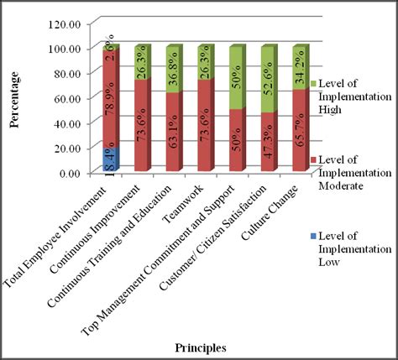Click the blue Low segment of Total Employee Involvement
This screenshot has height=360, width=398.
pyautogui.click(x=109, y=159)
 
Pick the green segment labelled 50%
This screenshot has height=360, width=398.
pyautogui.click(x=238, y=76)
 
